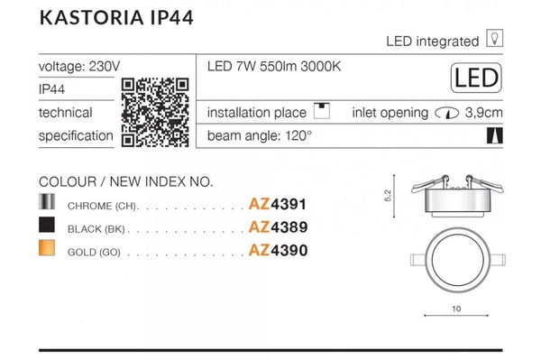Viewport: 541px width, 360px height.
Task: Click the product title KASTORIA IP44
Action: [116, 18]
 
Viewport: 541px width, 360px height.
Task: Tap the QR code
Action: [155, 113]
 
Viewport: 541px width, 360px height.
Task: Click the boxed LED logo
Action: [476, 78]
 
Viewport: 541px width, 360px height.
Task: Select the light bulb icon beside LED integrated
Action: [494, 38]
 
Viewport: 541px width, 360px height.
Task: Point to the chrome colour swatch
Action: [47, 201]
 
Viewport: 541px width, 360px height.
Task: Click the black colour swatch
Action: [47, 225]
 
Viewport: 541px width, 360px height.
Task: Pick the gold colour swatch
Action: [47, 247]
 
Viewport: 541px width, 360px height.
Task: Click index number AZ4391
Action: [278, 204]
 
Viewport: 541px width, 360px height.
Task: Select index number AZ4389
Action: [278, 227]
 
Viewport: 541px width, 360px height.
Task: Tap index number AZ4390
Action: [278, 250]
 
